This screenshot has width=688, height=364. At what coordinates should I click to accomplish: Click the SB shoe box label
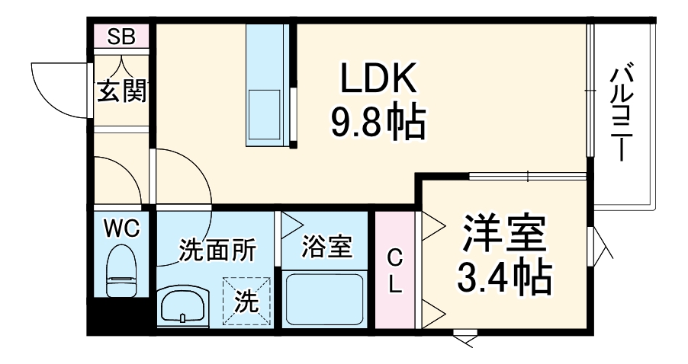point(121,37)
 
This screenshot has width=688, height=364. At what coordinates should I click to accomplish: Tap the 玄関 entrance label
point(121,91)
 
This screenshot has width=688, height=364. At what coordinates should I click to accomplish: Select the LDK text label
point(377,79)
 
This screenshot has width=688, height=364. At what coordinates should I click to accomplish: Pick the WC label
point(121,228)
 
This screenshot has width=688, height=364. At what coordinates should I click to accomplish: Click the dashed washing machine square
point(246,302)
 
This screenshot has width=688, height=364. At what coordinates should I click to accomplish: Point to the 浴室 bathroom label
point(326,247)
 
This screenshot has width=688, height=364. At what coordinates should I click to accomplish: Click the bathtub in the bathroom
point(326,300)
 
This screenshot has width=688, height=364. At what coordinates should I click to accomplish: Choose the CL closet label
point(395,270)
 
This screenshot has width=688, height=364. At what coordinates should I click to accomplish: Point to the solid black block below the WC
point(119,317)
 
